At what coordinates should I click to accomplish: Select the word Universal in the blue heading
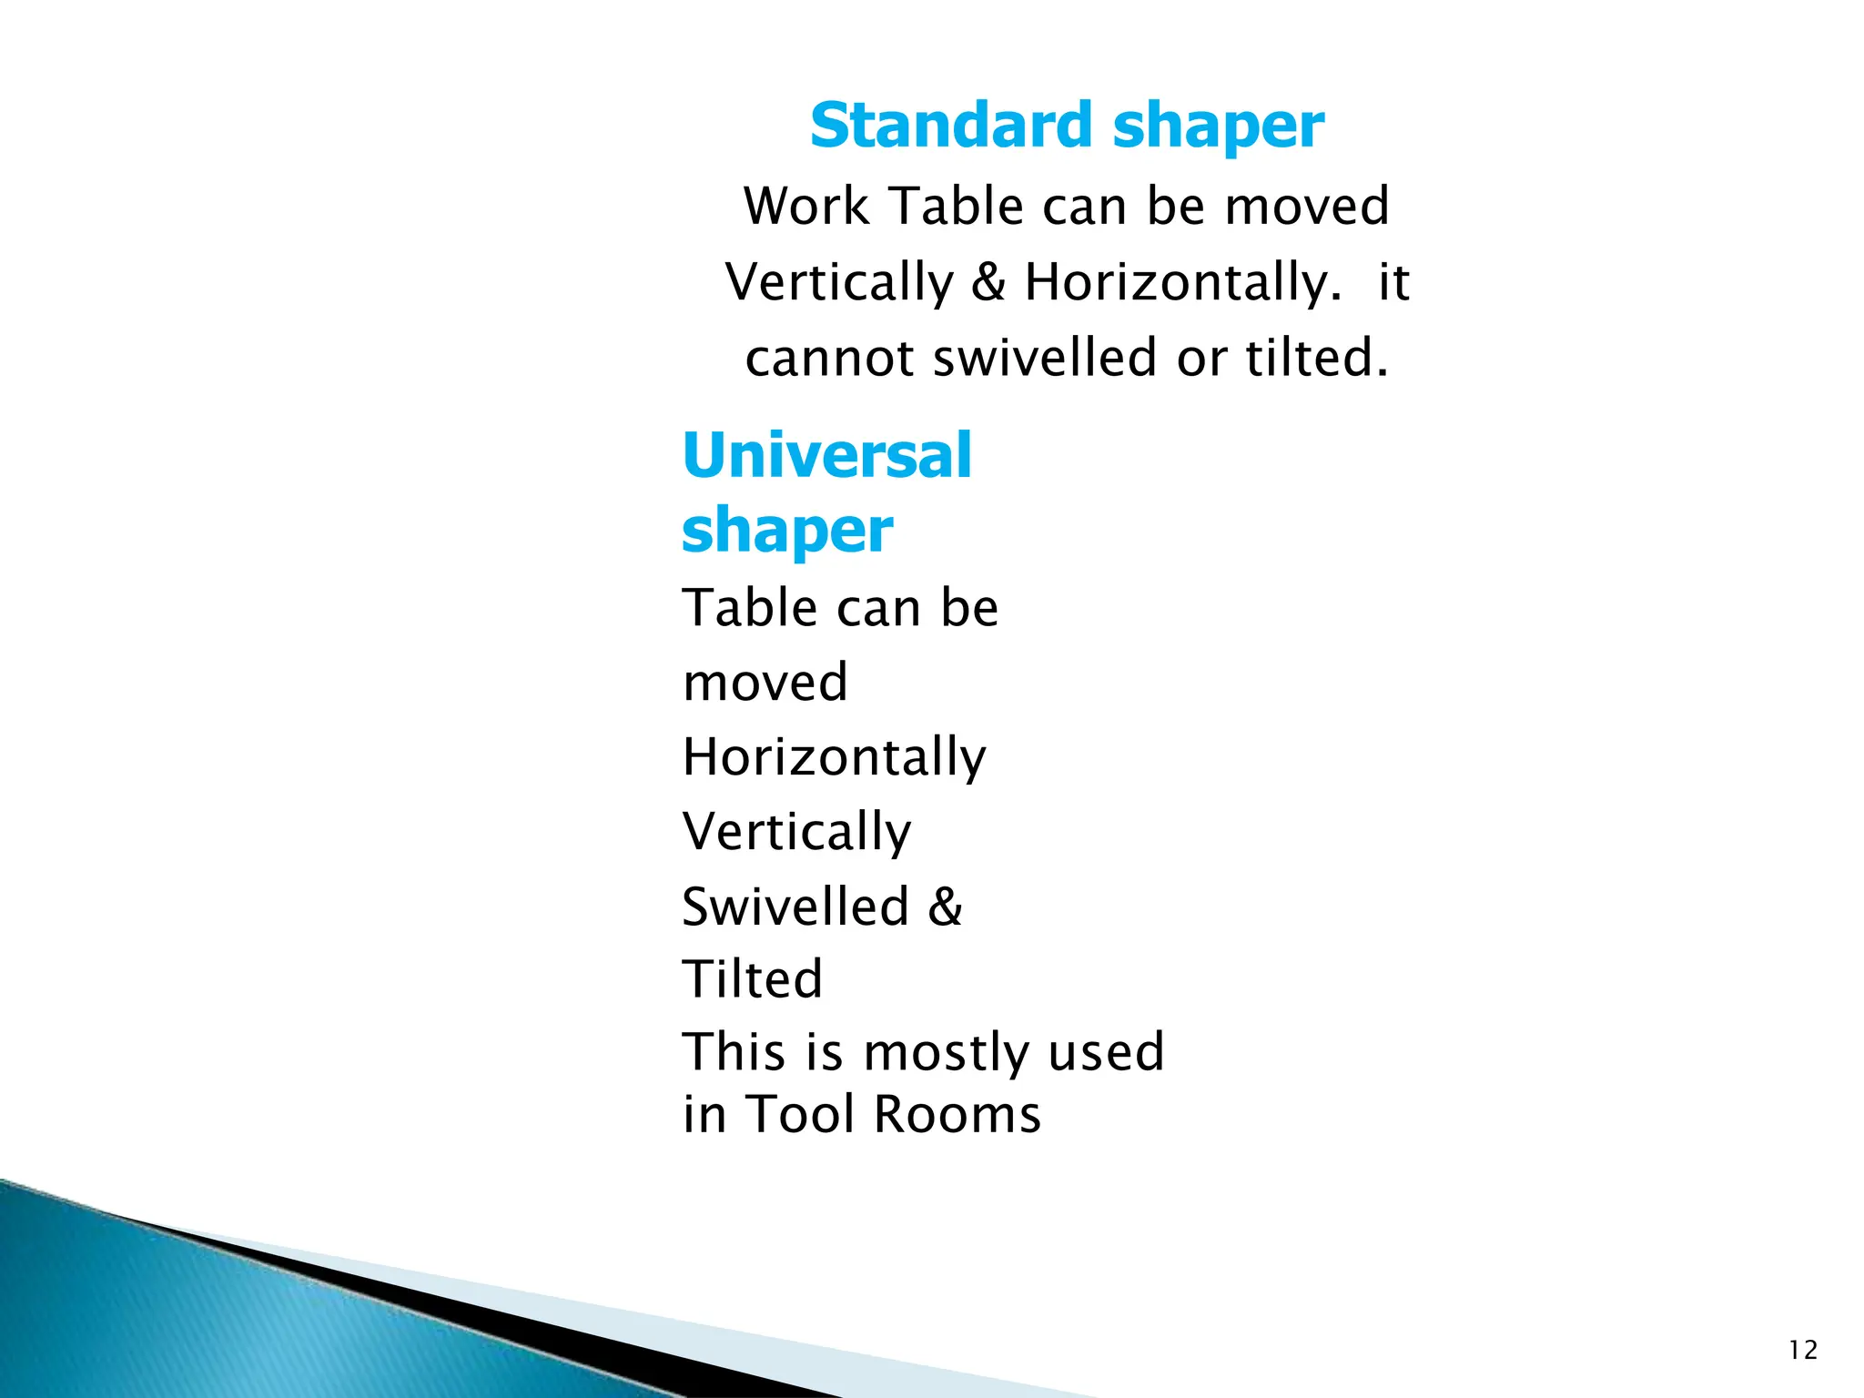(x=826, y=455)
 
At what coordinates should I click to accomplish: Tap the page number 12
(x=1802, y=1350)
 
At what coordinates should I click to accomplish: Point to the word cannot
(x=829, y=358)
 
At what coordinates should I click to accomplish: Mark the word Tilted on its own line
(x=753, y=979)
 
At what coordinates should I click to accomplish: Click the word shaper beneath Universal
(x=787, y=532)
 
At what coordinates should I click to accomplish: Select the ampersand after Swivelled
(x=945, y=907)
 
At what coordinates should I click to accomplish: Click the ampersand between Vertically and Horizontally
(x=988, y=282)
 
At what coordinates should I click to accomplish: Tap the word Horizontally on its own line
(x=834, y=757)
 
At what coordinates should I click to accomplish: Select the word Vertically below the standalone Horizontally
(x=796, y=832)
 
